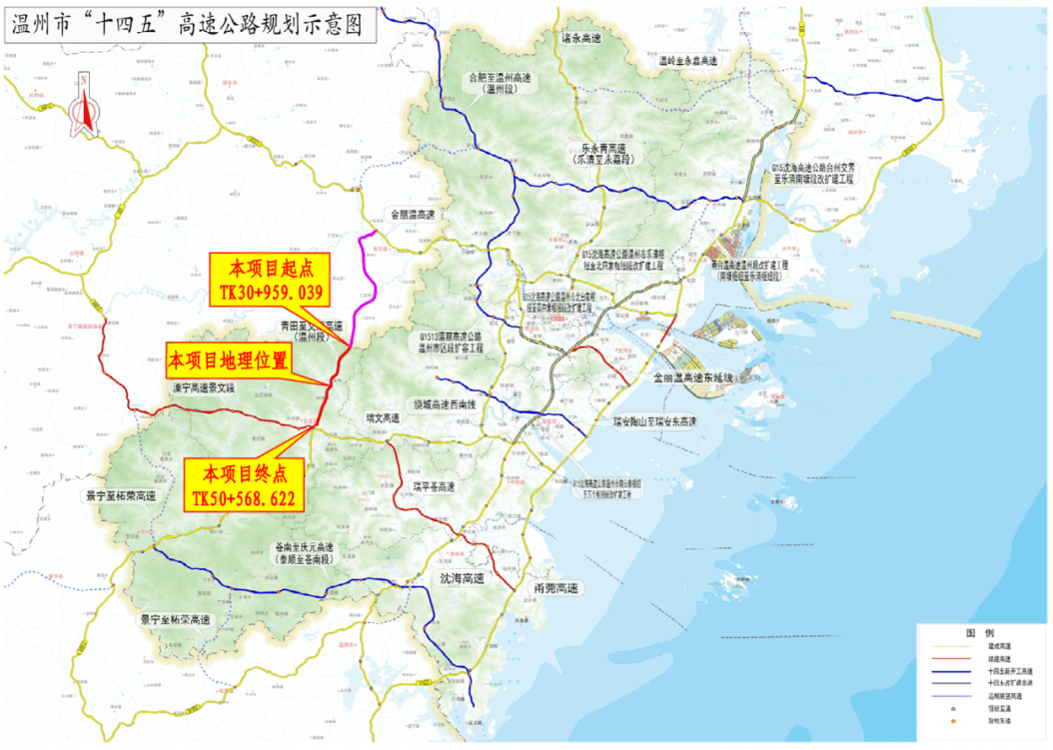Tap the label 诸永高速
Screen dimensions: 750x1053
click(580, 38)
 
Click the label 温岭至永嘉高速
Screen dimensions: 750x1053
click(688, 61)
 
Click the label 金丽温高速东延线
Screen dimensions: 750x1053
click(694, 377)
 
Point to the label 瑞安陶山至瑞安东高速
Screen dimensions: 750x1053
click(655, 420)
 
